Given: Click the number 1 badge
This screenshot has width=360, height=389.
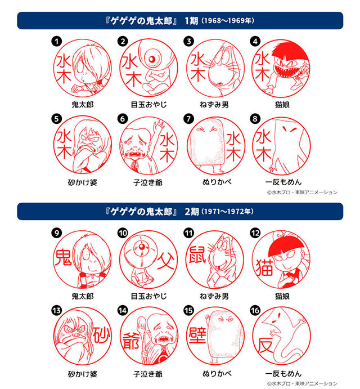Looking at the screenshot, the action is click(x=56, y=41).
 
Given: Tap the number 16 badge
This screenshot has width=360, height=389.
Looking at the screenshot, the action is click(x=255, y=310).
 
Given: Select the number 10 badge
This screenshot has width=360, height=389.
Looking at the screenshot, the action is click(x=123, y=233).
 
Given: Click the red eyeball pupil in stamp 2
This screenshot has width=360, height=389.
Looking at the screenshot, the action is click(x=152, y=59).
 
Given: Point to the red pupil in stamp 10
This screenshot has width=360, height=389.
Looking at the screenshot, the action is click(x=142, y=247).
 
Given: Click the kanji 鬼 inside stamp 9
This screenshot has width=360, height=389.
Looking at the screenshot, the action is click(x=63, y=257).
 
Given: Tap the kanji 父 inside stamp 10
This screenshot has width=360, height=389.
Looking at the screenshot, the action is click(x=165, y=261).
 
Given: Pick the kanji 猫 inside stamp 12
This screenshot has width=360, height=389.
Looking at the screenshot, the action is click(x=264, y=268).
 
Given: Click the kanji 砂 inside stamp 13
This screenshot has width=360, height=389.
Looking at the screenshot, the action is click(x=102, y=334).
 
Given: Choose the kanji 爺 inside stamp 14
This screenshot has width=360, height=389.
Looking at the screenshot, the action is click(x=130, y=341).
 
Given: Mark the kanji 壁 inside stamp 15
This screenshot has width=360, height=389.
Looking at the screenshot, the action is click(x=197, y=335).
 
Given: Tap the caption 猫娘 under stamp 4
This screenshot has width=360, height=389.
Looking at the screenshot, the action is click(x=282, y=105).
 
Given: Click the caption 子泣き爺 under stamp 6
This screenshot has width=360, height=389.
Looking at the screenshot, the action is click(x=148, y=182).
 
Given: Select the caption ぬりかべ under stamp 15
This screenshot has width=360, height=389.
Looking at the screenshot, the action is click(x=217, y=373).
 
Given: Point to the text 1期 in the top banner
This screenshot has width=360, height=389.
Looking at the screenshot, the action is click(x=191, y=21).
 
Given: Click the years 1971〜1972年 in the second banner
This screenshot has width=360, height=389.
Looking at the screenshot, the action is click(x=228, y=212).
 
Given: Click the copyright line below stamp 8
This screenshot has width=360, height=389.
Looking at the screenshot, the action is click(x=302, y=193).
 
